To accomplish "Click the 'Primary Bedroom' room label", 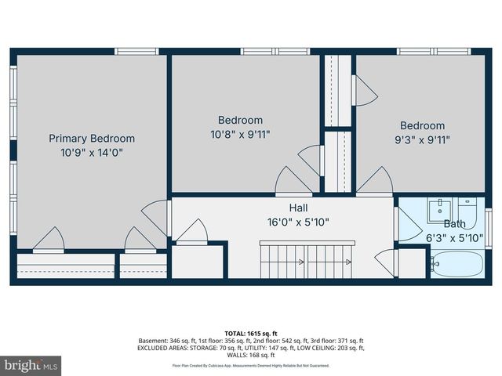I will (92, 139).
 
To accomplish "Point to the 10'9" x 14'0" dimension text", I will (92, 153).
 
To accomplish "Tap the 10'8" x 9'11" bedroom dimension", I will (240, 134).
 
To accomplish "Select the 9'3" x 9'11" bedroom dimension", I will (422, 139).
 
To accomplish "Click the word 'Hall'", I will (298, 208).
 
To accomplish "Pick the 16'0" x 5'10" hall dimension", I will (298, 222).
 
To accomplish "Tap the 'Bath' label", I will (454, 224).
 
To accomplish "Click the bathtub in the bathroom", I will (456, 262).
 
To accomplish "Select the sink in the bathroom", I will (440, 210).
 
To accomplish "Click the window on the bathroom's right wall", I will (488, 228).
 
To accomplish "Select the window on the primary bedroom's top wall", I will (136, 52).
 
